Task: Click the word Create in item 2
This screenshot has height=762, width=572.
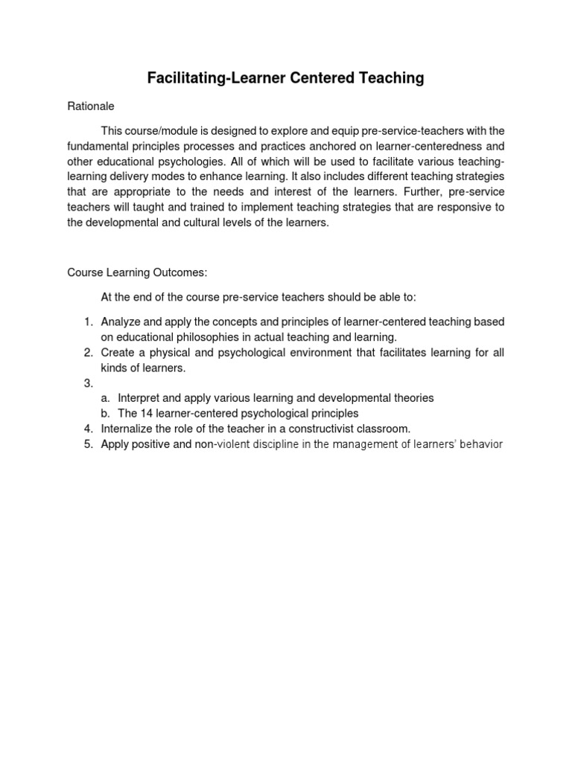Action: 116,352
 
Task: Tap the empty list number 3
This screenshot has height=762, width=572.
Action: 88,382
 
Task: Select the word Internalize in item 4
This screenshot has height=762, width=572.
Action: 127,429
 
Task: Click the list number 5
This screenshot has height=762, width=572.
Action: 88,444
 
